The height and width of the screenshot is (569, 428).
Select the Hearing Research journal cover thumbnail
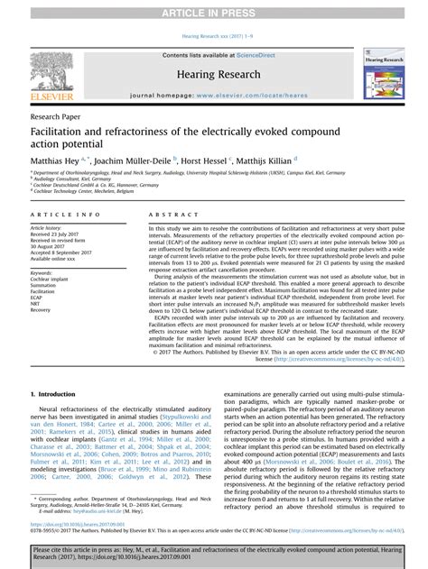coord(389,73)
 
